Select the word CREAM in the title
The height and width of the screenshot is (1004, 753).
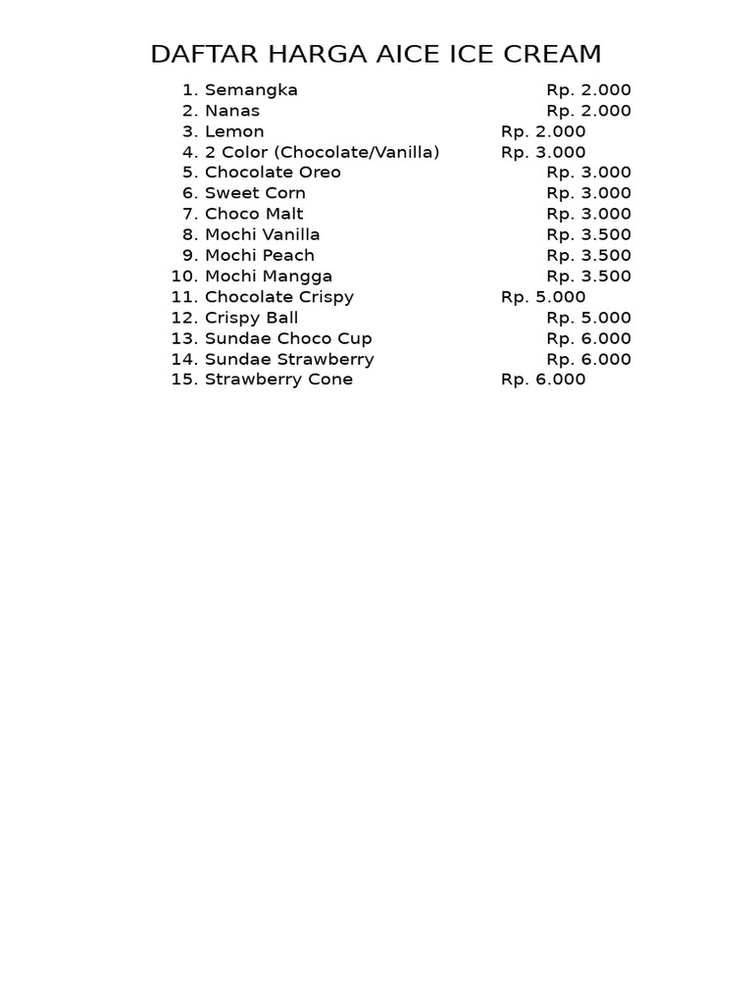552,54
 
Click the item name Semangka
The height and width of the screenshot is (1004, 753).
251,90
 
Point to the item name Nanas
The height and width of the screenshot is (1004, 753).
232,111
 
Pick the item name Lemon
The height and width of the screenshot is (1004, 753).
234,131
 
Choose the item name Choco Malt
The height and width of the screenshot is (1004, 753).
254,214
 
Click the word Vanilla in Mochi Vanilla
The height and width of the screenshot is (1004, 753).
289,234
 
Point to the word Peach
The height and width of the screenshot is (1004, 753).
286,255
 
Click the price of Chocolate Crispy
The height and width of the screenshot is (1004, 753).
543,297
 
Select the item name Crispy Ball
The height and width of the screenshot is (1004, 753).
251,318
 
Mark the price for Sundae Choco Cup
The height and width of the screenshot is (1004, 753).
588,338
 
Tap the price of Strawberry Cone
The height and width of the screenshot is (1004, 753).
543,379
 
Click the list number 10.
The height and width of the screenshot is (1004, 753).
184,276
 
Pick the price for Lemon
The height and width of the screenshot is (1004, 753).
543,131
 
